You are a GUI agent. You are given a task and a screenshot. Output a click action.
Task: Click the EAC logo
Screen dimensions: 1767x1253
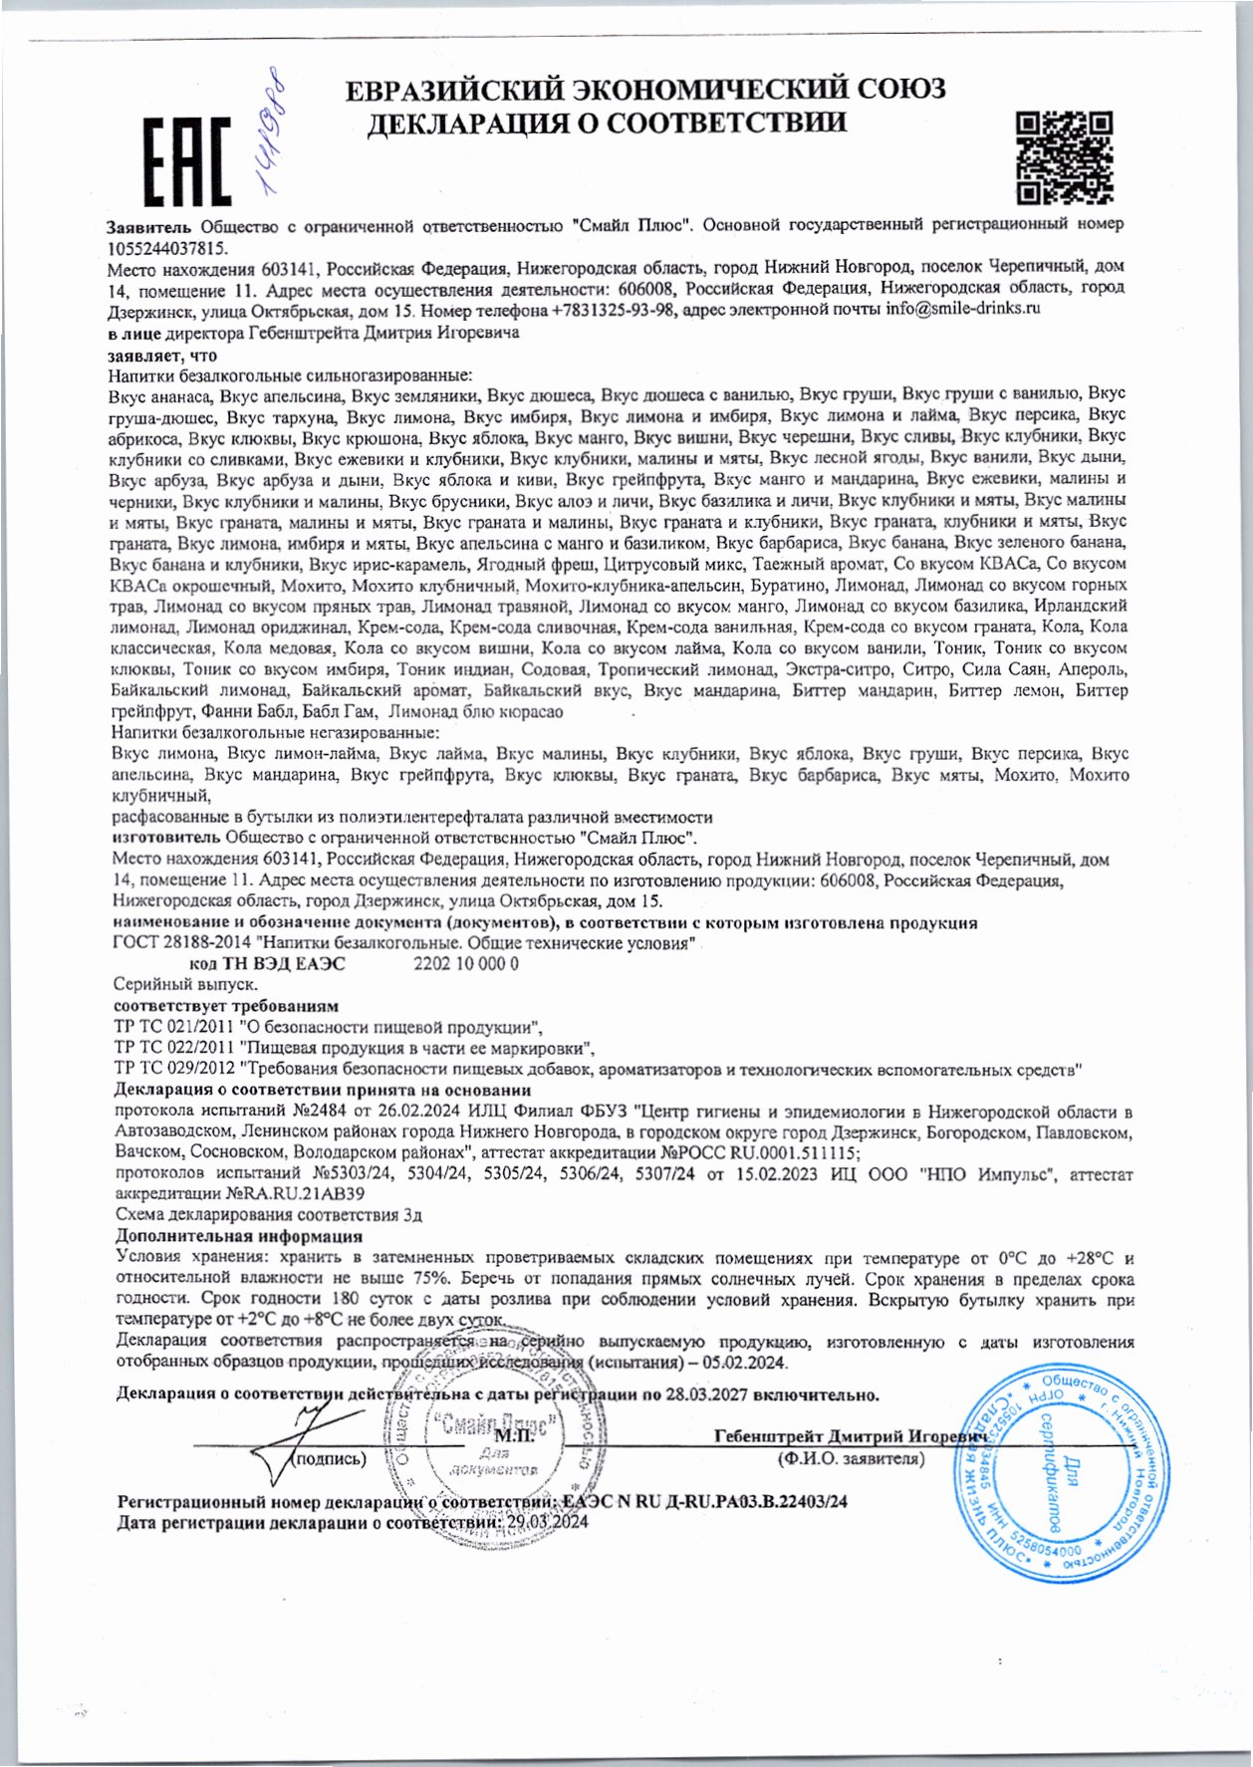(187, 161)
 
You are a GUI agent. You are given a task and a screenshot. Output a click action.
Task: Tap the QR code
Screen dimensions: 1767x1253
(1064, 157)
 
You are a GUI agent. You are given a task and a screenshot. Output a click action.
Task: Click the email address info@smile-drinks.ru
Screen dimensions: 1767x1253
(963, 310)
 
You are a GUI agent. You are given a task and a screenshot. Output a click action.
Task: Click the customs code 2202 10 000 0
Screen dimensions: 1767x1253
(466, 964)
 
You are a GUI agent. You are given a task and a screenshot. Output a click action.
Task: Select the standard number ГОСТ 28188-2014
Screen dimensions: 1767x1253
(182, 943)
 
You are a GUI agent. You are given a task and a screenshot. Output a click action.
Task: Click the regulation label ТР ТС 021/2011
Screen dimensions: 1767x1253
(175, 1027)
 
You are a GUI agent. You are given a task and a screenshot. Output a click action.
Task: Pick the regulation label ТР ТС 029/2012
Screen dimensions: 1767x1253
(175, 1070)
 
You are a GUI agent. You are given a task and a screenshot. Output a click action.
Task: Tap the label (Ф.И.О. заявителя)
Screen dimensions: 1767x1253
(851, 1459)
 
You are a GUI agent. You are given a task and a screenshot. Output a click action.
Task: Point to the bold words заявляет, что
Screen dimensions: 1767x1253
(162, 355)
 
